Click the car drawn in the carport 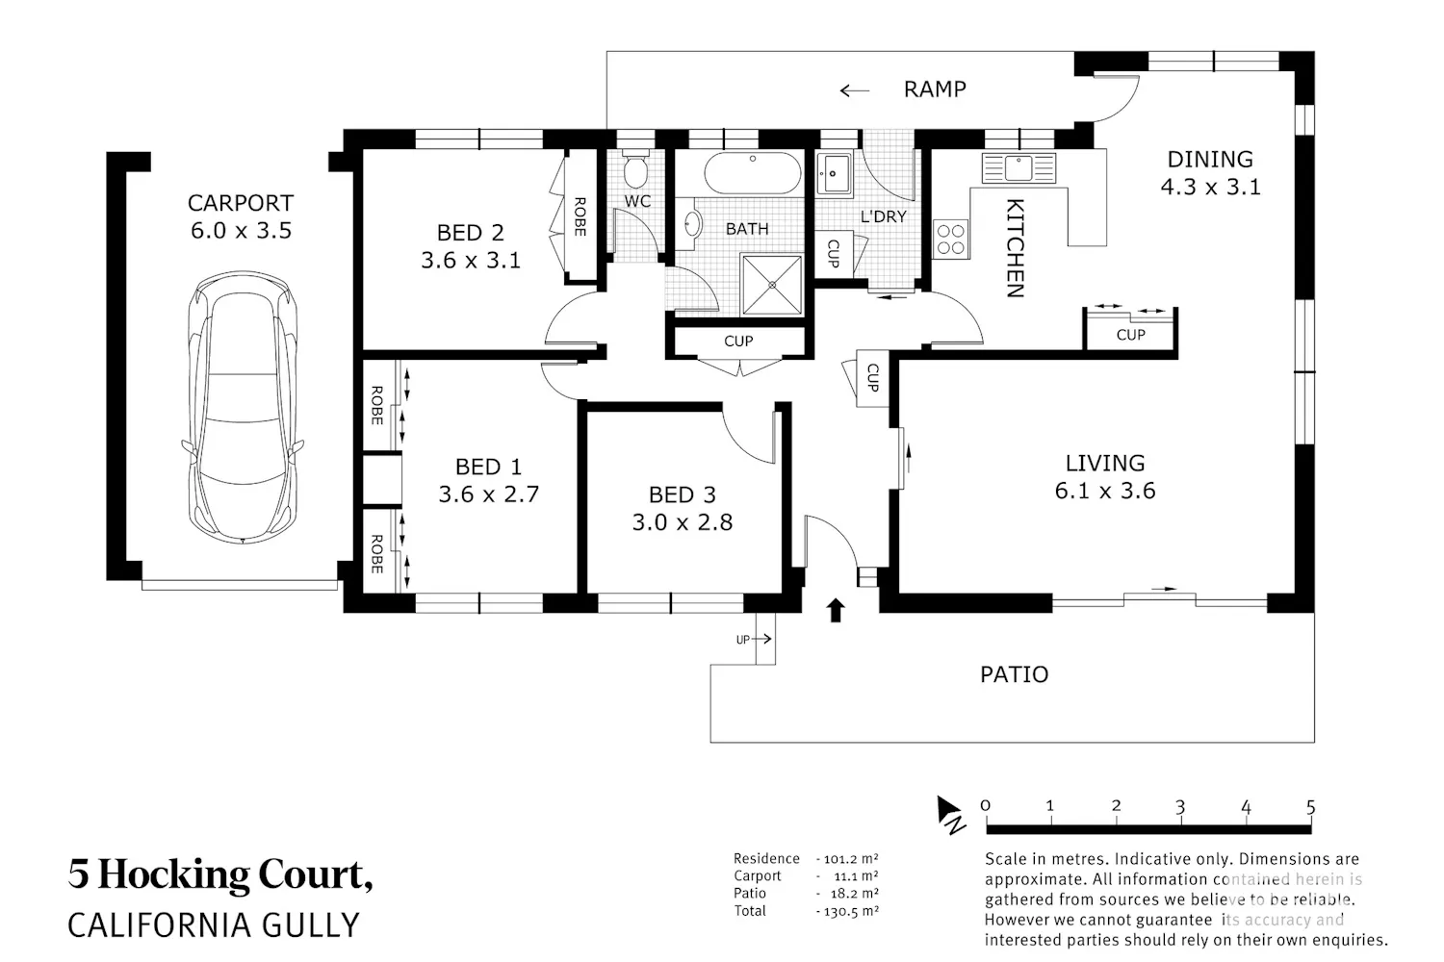[243, 407]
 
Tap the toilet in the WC [635, 168]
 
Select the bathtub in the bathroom [752, 173]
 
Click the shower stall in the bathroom [772, 285]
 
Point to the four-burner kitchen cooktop [951, 239]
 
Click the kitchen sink [1019, 167]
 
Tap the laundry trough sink [834, 173]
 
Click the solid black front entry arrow [836, 610]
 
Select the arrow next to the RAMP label [854, 90]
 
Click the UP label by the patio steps [742, 639]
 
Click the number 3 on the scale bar [1179, 807]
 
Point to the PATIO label [1014, 674]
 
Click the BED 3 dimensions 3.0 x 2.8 [682, 522]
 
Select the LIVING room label [1105, 463]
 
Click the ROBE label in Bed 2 [580, 216]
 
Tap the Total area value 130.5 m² [851, 911]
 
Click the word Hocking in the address [173, 875]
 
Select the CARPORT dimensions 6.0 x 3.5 [241, 230]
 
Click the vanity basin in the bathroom [692, 224]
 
